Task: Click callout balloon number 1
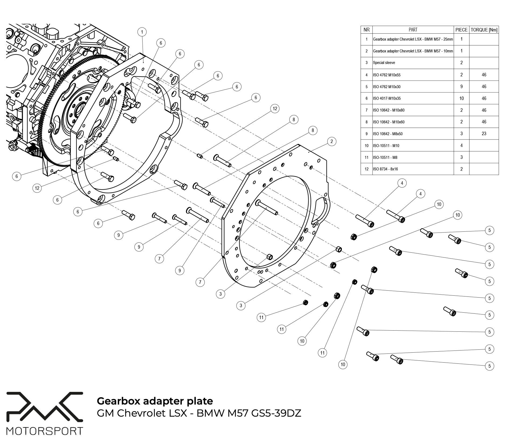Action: (x=142, y=32)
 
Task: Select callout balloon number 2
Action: (x=332, y=141)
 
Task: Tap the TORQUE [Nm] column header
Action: (x=484, y=30)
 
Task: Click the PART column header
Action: (x=413, y=30)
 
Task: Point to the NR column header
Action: (x=366, y=30)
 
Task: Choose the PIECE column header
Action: (x=461, y=30)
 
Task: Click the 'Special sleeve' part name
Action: (x=384, y=63)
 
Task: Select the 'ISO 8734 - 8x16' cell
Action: (x=385, y=169)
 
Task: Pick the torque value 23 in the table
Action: (x=484, y=134)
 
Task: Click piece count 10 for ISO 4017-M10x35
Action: (x=461, y=98)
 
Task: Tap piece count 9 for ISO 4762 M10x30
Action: (x=461, y=87)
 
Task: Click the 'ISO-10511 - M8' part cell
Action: (x=385, y=158)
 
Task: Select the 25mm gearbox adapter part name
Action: (x=413, y=39)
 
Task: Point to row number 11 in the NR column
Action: (x=366, y=158)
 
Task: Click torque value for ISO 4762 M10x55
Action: (x=484, y=75)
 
